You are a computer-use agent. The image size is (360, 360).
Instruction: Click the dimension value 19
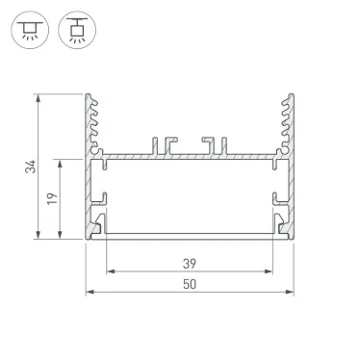point(54,198)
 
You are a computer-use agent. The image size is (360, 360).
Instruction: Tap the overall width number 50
point(190,284)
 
